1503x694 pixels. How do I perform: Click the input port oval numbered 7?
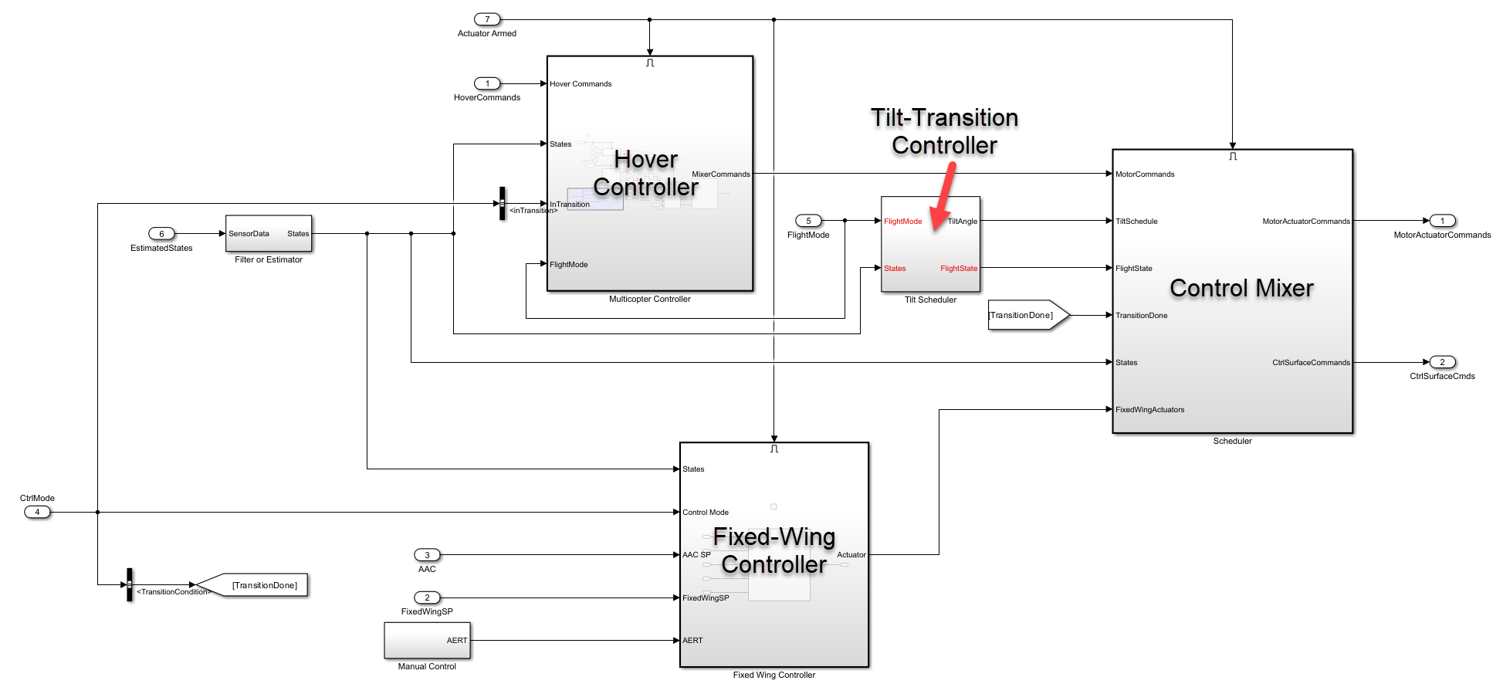click(x=487, y=19)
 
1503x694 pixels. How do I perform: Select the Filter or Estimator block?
click(x=268, y=233)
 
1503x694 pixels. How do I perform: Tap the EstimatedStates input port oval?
click(x=161, y=234)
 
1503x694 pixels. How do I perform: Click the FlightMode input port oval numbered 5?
click(x=808, y=221)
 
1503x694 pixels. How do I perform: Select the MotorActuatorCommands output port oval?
click(x=1442, y=221)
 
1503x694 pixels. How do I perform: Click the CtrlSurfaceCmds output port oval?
click(x=1442, y=362)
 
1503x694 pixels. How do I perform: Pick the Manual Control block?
click(x=427, y=640)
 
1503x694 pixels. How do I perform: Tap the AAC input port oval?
click(x=427, y=555)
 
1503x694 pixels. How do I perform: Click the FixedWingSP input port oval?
click(x=427, y=598)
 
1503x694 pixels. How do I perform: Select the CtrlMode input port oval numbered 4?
click(x=37, y=512)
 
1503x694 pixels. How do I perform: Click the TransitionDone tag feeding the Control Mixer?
click(x=1027, y=315)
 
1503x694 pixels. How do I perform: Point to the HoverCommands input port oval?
click(x=487, y=83)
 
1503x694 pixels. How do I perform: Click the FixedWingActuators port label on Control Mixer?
click(x=1149, y=410)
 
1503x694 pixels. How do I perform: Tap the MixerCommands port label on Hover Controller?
click(x=720, y=174)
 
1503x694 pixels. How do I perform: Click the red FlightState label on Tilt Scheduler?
click(x=958, y=269)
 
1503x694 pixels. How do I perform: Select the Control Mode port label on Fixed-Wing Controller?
click(x=705, y=513)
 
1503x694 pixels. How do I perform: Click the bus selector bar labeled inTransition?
click(x=502, y=203)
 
